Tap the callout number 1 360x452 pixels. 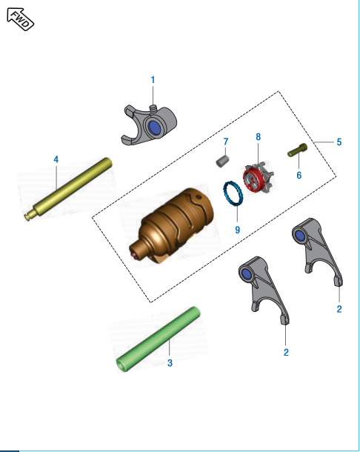(x=153, y=79)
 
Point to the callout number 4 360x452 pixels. (x=56, y=159)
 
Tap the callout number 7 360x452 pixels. (x=226, y=141)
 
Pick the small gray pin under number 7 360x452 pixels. (x=220, y=159)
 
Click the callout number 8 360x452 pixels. (x=258, y=137)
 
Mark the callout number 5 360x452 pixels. (x=339, y=142)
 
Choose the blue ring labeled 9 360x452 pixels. (x=233, y=193)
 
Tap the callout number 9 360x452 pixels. (x=237, y=230)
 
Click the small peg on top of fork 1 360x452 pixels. (x=154, y=107)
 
